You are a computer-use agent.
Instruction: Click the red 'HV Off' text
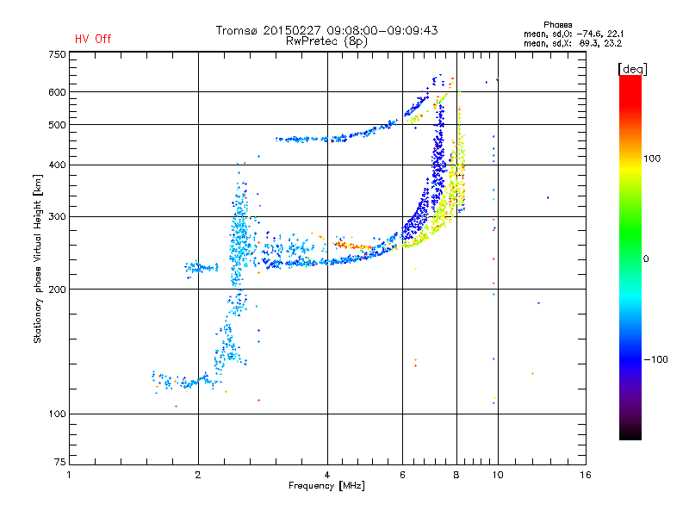pos(92,39)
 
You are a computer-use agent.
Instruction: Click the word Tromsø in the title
pos(237,30)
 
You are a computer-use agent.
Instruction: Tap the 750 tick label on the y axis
pos(57,53)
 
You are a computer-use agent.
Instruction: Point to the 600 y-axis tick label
pos(57,92)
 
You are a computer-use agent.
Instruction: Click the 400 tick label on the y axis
pos(57,165)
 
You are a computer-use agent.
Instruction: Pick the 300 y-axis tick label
pos(57,216)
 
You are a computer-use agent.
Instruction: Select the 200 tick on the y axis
pos(57,290)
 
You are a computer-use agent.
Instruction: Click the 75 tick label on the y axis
pos(59,465)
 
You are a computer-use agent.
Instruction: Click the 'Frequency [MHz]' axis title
pos(326,487)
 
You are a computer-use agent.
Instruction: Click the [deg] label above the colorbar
pos(633,68)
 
